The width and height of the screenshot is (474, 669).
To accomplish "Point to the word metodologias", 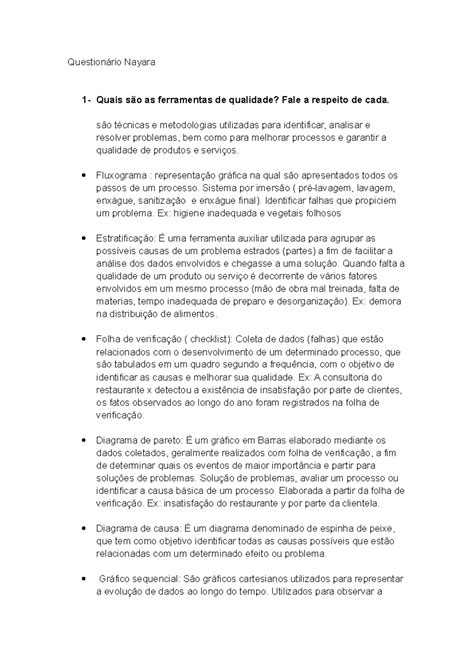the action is click(x=177, y=122).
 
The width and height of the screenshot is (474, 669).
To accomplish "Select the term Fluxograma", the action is click(x=122, y=174).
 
